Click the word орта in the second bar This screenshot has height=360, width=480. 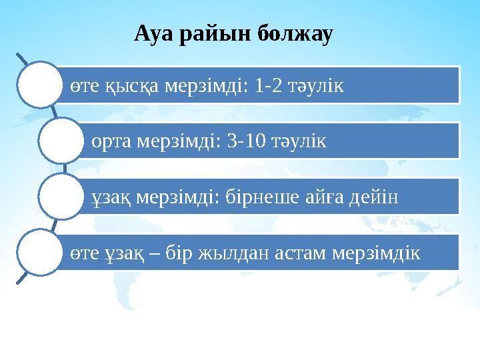(x=111, y=141)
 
